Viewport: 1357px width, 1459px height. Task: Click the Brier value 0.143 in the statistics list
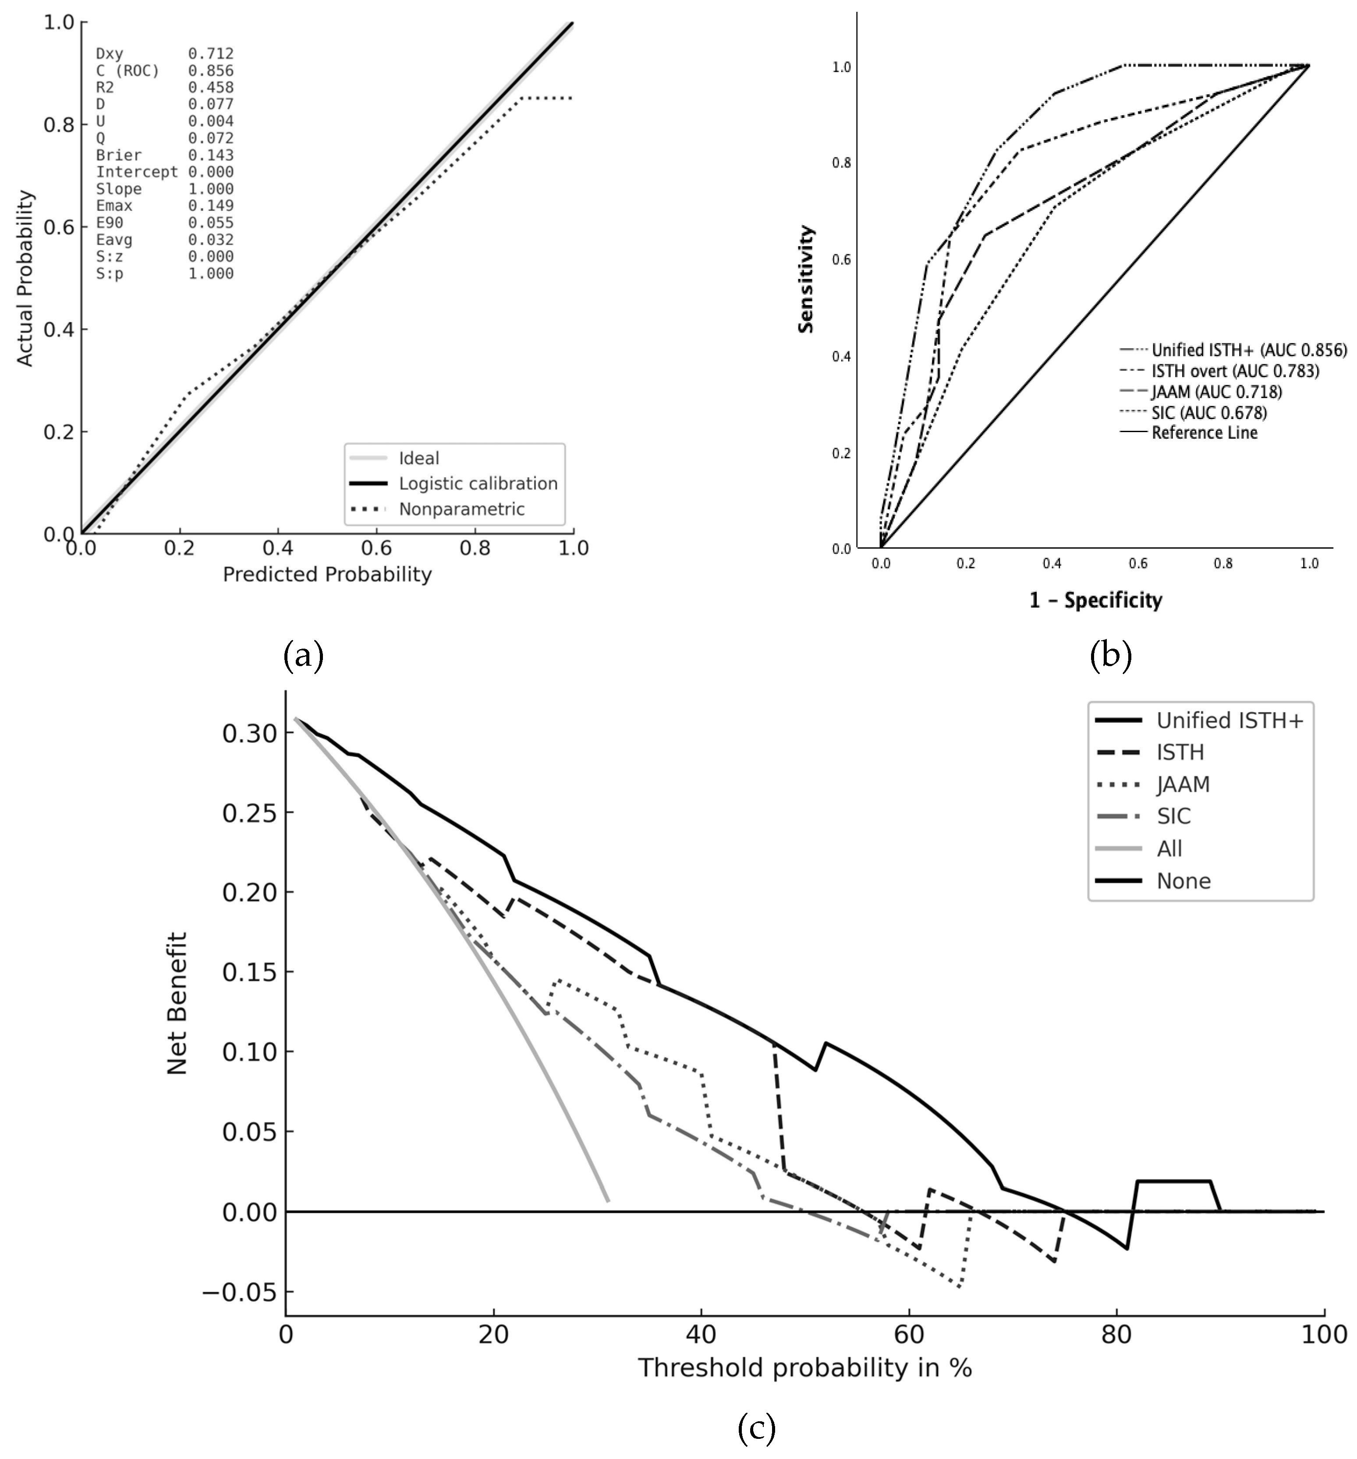(211, 155)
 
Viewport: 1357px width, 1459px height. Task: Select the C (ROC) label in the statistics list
(128, 71)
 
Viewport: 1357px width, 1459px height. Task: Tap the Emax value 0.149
(211, 206)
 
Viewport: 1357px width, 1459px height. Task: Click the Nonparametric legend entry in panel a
(461, 508)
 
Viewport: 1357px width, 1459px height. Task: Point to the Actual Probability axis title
(25, 278)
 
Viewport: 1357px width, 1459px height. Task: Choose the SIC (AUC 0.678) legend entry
(1209, 412)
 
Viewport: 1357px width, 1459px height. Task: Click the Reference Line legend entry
(1204, 432)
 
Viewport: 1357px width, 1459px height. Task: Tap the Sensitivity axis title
(806, 279)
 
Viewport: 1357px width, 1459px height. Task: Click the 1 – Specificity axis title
(1095, 600)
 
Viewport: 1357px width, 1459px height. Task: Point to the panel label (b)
(1110, 655)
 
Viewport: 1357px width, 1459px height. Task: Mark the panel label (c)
(756, 1427)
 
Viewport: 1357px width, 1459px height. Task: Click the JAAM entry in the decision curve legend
(1183, 785)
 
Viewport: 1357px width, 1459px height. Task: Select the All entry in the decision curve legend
(1169, 848)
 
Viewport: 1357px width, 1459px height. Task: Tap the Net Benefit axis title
(177, 1003)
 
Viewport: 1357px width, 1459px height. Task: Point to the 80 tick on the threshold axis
(1116, 1334)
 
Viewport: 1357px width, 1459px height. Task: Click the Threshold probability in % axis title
(804, 1368)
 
